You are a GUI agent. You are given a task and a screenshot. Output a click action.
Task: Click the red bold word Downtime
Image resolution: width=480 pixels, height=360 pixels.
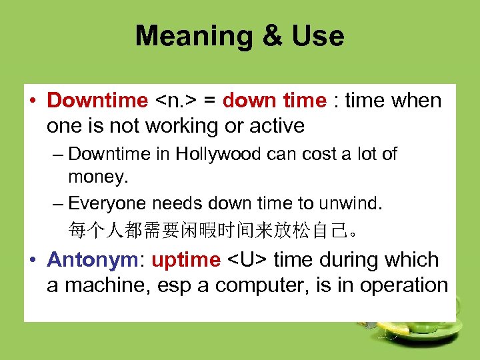coord(98,101)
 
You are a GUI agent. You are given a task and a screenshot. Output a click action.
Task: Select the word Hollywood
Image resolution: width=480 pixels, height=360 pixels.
coord(219,154)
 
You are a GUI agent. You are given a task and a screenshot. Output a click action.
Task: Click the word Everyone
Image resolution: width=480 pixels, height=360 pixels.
coord(109,203)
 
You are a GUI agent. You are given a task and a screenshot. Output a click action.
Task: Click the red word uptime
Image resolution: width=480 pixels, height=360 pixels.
coord(186,259)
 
